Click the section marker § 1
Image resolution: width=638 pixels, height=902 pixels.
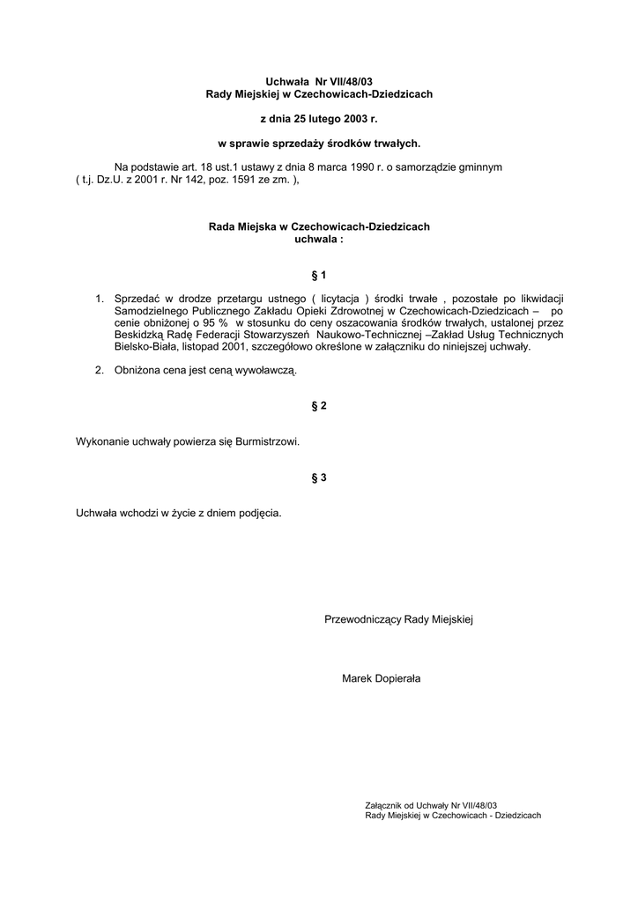coord(319,276)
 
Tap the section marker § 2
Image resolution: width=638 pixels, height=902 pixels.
coord(319,405)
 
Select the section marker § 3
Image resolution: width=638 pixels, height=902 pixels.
coord(319,477)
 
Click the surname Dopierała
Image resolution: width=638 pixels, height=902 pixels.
coord(397,678)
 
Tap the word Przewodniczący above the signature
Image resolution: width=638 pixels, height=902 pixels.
coord(363,620)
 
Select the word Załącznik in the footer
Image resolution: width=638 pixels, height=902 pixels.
coord(383,805)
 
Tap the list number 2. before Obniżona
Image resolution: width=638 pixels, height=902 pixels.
coord(100,372)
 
